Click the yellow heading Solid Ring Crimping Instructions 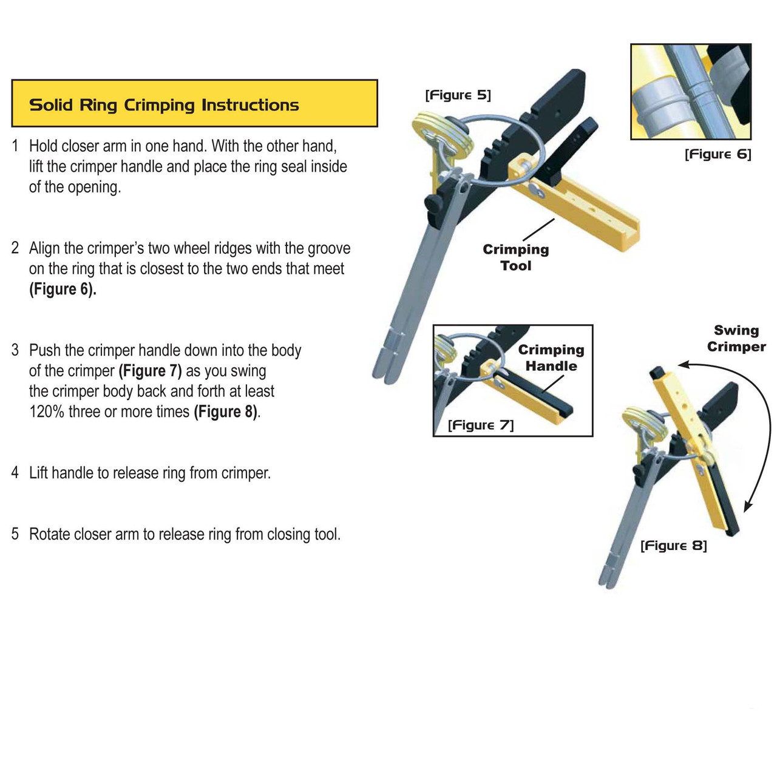coord(164,105)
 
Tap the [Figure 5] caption coord(458,95)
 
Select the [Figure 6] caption coord(718,154)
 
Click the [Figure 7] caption coord(480,425)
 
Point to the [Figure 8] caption coord(673,546)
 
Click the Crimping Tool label coord(515,257)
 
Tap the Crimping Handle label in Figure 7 coord(551,358)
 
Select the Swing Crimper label coord(736,339)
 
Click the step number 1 coord(15,146)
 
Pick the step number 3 coord(15,350)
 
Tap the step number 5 coord(15,534)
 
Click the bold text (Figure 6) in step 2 coord(63,290)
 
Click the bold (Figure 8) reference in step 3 coord(225,412)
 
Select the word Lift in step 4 coord(39,473)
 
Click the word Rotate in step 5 coord(49,534)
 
